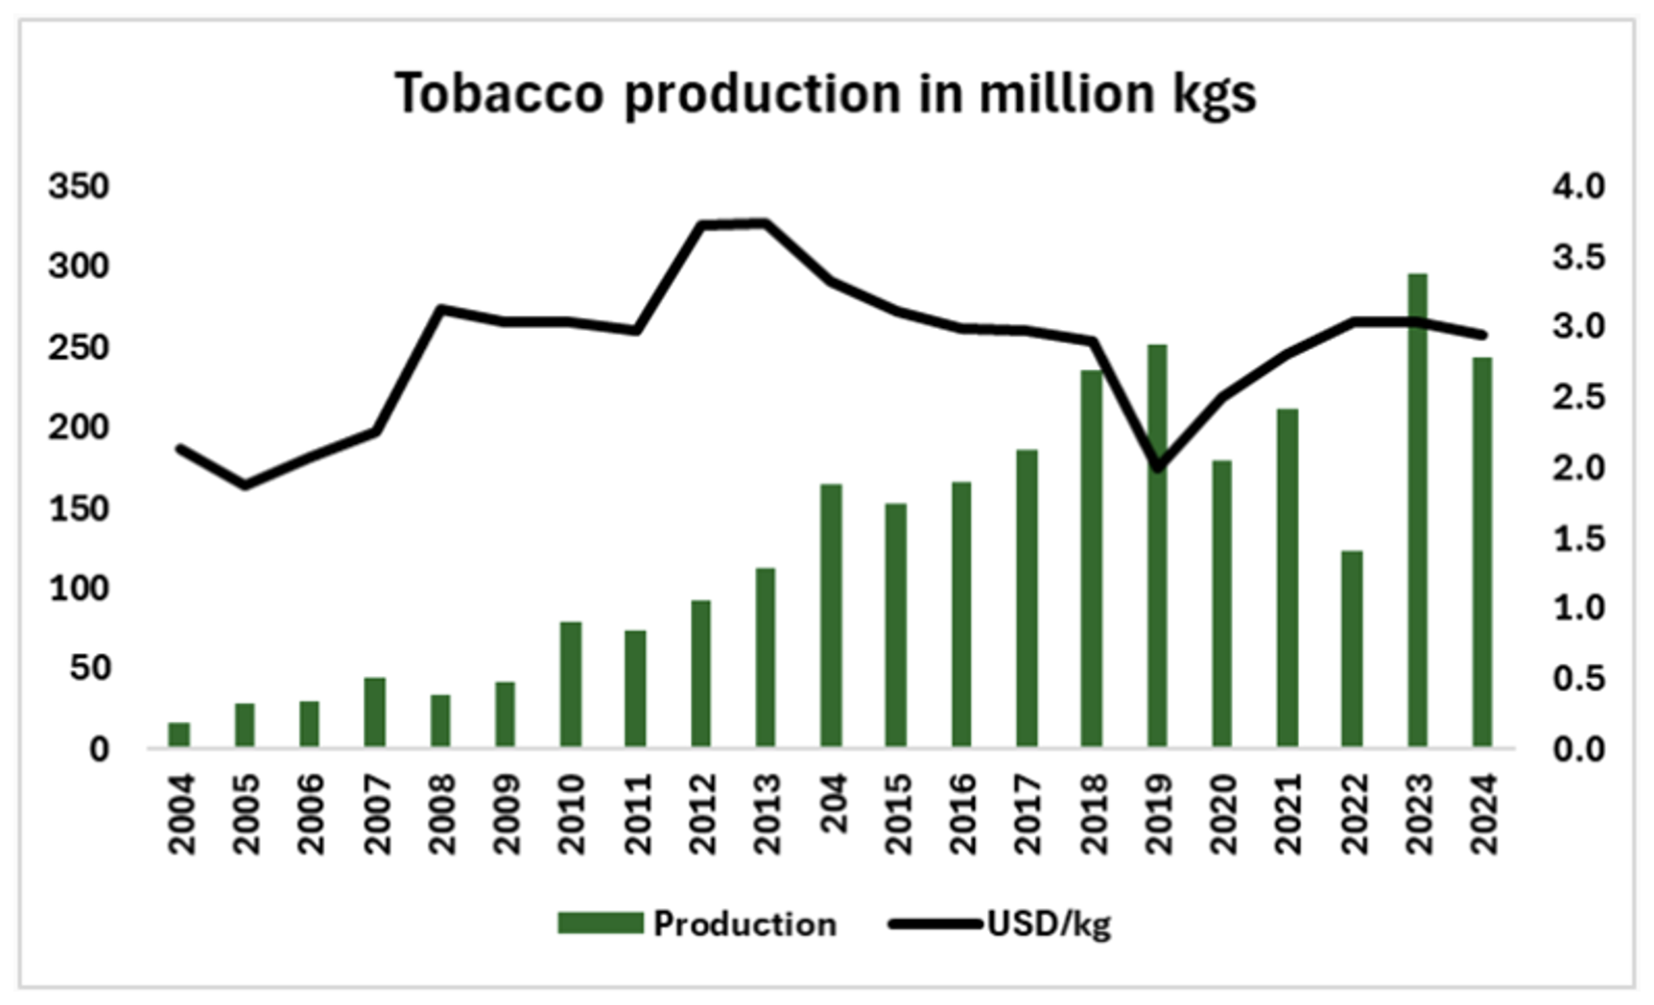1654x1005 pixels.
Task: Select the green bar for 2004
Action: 179,735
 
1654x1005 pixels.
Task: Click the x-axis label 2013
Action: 767,813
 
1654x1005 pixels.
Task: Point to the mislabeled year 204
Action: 832,804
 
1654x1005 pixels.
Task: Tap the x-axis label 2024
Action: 1483,813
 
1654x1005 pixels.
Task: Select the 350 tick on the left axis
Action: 80,186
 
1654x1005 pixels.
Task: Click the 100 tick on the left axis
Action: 80,588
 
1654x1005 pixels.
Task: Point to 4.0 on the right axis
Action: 1578,186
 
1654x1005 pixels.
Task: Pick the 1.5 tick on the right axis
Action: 1578,539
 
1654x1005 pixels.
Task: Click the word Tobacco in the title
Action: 499,94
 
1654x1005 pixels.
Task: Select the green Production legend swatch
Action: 600,923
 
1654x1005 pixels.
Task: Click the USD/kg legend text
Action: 1049,923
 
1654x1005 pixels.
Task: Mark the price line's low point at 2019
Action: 1157,468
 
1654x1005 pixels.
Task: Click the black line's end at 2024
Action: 1482,335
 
